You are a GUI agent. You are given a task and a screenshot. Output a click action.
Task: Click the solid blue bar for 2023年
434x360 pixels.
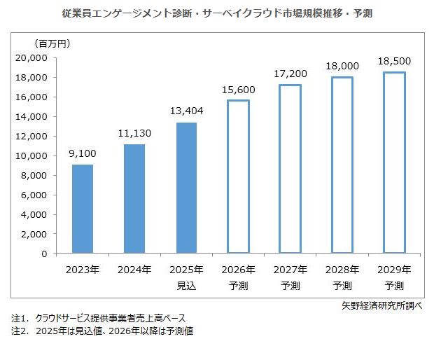point(83,209)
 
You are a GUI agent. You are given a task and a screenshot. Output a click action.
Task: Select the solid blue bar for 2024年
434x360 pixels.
point(134,198)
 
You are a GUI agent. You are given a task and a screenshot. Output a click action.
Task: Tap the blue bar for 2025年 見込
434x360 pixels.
point(186,188)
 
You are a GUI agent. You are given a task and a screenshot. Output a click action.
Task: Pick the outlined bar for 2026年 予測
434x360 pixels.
point(238,176)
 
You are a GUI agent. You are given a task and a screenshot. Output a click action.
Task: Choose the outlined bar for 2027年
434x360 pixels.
point(290,169)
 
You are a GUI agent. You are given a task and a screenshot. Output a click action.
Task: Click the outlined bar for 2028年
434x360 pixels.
point(342,165)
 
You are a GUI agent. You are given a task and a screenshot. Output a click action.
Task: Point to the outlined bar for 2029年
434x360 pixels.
point(393,162)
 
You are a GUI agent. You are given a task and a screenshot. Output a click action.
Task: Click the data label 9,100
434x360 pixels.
point(83,153)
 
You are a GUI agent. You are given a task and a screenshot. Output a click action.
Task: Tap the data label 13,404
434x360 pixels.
point(186,111)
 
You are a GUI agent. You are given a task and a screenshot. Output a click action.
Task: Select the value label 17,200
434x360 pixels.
point(290,74)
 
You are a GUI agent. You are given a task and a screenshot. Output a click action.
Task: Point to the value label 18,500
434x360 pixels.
point(393,61)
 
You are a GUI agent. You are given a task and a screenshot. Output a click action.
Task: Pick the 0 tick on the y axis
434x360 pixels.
point(43,253)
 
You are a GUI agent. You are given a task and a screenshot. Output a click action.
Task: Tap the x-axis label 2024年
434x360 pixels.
point(134,270)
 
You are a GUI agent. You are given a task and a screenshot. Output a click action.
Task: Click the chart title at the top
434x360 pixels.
point(216,13)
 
